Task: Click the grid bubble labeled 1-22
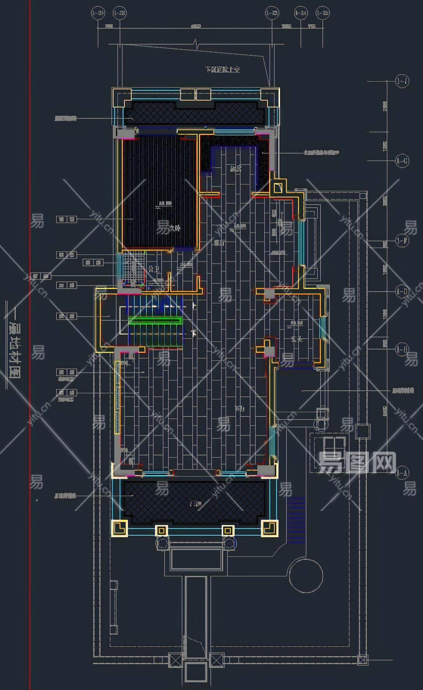pyautogui.click(x=119, y=13)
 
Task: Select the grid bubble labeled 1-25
pyautogui.click(x=322, y=13)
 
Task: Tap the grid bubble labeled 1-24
pyautogui.click(x=301, y=13)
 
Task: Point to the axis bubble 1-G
pyautogui.click(x=402, y=161)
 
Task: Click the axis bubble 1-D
pyautogui.click(x=402, y=291)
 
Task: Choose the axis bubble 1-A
pyautogui.click(x=402, y=473)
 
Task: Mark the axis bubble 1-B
pyautogui.click(x=402, y=349)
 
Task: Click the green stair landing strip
pyautogui.click(x=155, y=320)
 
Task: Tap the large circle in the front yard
pyautogui.click(x=306, y=576)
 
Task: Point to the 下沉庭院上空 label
pyautogui.click(x=223, y=70)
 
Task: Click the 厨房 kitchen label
pyautogui.click(x=236, y=169)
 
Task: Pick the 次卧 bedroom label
pyautogui.click(x=174, y=229)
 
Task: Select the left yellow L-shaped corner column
pyautogui.click(x=119, y=528)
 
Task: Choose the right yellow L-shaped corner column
pyautogui.click(x=270, y=528)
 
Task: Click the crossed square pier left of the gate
pyautogui.click(x=175, y=659)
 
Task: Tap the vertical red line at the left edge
pyautogui.click(x=30, y=338)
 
